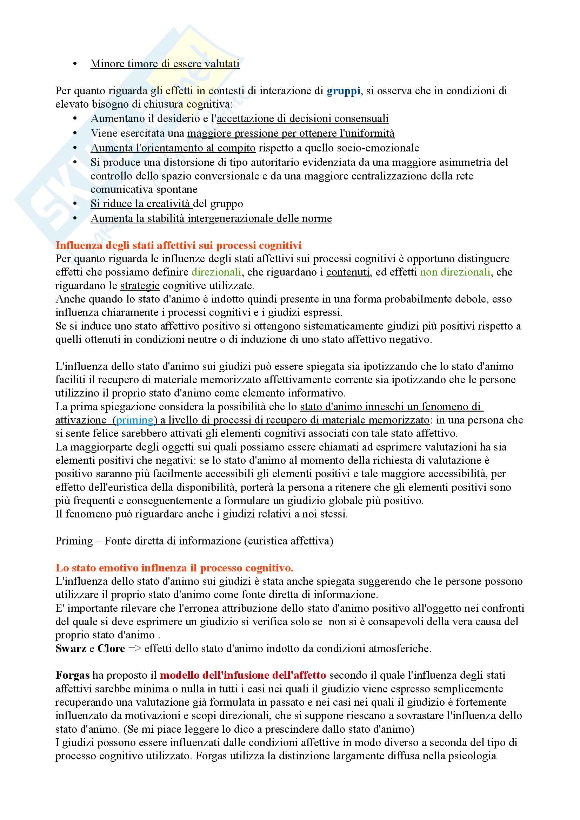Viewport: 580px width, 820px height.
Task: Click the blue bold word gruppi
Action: click(x=343, y=91)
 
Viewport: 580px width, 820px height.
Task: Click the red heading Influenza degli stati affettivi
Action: click(x=178, y=245)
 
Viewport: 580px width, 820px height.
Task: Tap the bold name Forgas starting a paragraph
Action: click(x=72, y=675)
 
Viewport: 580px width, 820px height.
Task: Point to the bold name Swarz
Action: click(x=71, y=649)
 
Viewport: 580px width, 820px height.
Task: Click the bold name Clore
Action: click(x=111, y=649)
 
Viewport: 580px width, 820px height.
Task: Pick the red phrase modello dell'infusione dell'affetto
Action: click(x=243, y=675)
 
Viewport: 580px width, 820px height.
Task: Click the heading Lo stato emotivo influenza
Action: click(x=174, y=568)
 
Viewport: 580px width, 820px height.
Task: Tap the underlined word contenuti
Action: click(x=348, y=272)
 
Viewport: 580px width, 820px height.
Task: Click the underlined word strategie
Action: click(x=140, y=286)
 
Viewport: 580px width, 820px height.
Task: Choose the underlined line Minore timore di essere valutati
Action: click(x=165, y=64)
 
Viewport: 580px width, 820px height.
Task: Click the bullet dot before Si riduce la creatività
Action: click(x=75, y=204)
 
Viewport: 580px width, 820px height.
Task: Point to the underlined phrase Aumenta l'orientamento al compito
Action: click(x=173, y=148)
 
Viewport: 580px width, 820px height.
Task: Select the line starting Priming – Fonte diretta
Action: click(x=194, y=541)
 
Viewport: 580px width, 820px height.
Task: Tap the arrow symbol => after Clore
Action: click(x=135, y=649)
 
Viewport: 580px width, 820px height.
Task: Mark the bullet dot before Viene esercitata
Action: click(x=75, y=133)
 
